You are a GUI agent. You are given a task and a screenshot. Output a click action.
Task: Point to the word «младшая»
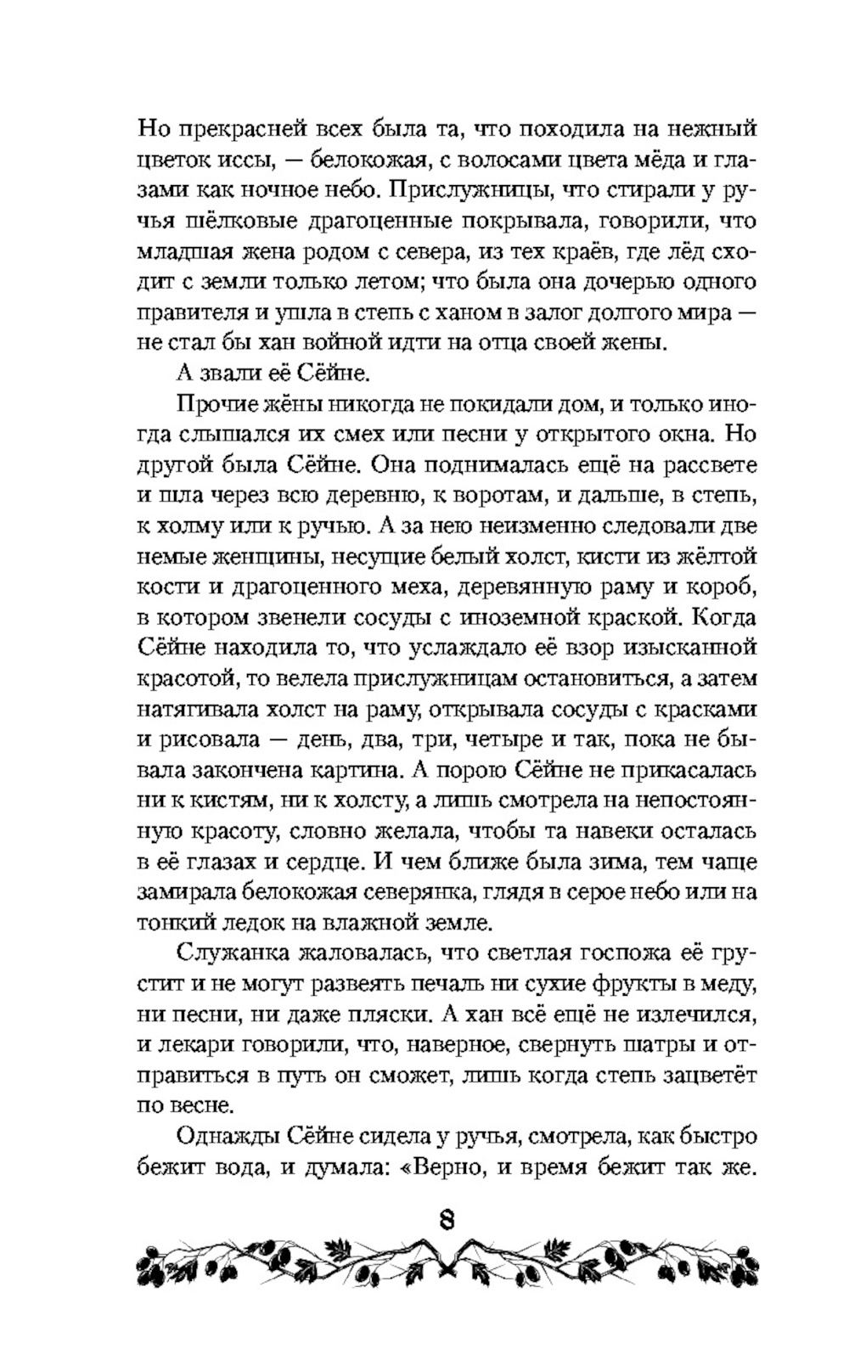click(181, 252)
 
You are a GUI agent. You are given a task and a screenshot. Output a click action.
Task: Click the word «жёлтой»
click(713, 558)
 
